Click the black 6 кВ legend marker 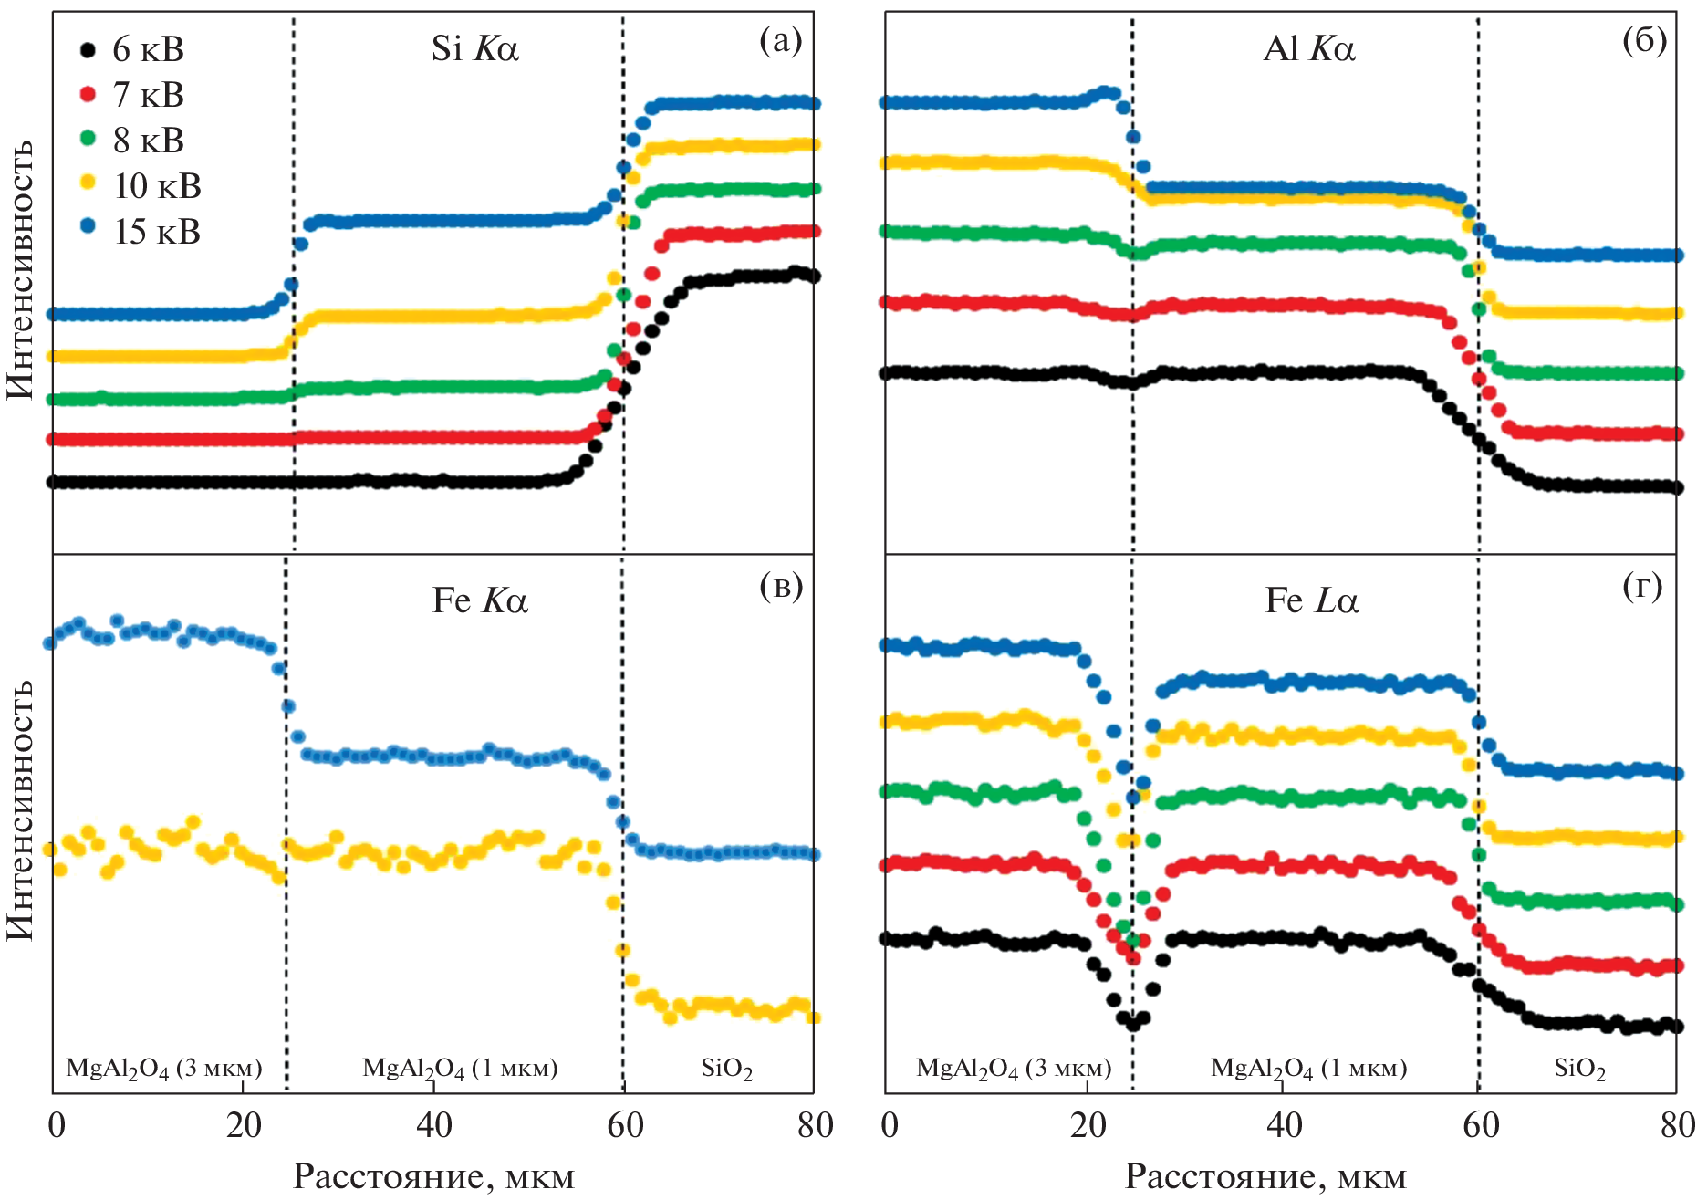88,49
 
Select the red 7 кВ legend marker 88,94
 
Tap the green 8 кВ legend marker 88,139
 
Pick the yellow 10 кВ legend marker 88,183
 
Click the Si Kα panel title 474,48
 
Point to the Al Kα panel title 1308,48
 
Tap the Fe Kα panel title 480,600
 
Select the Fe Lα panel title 1312,600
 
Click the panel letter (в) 781,587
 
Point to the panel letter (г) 1642,587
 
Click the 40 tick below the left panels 433,1125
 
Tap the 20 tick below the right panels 1088,1125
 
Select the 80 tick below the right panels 1677,1125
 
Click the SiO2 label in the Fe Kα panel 726,1069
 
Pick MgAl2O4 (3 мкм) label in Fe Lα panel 1014,1069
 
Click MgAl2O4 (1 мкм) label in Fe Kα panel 460,1069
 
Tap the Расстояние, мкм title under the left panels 433,1177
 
